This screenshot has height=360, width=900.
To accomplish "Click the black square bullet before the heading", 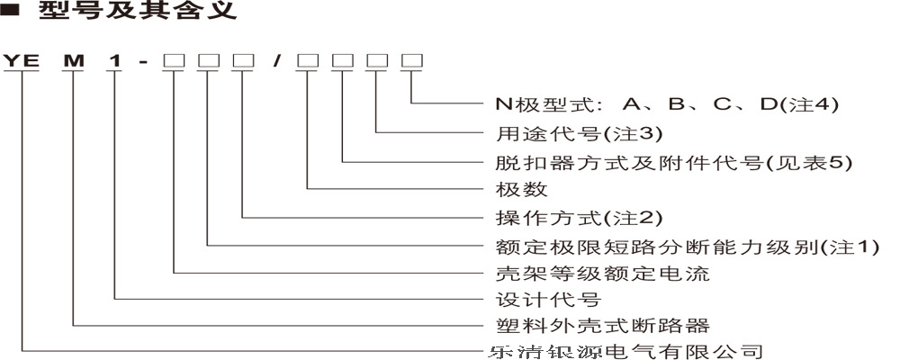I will [12, 13].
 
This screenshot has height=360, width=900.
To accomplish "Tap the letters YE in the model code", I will [21, 62].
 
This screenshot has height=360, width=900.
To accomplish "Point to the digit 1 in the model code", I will [114, 62].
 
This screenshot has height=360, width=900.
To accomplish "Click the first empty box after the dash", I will [173, 62].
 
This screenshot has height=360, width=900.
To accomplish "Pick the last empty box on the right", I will [411, 62].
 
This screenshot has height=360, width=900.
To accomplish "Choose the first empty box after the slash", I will [308, 62].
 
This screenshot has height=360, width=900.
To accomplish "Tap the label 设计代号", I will [548, 298].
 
